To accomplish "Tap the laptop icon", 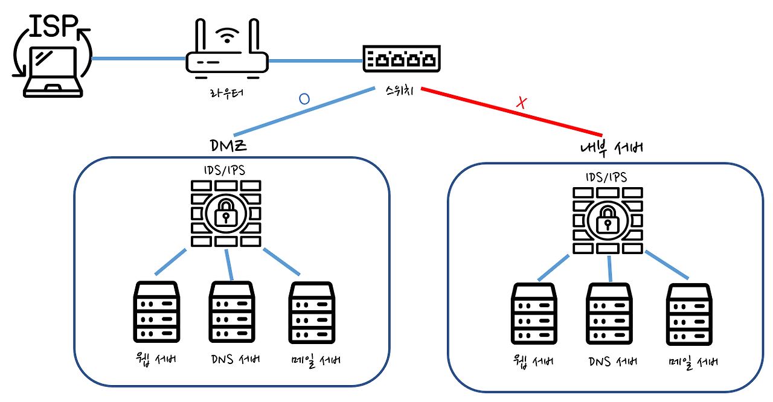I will (52, 71).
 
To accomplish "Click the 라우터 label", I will (227, 93).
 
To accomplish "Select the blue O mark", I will (304, 99).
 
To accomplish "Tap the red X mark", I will (521, 103).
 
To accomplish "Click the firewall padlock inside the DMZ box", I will (225, 212).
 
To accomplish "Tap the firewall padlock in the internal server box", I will (607, 219).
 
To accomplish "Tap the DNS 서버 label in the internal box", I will (612, 362).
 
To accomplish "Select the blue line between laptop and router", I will (138, 59).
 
